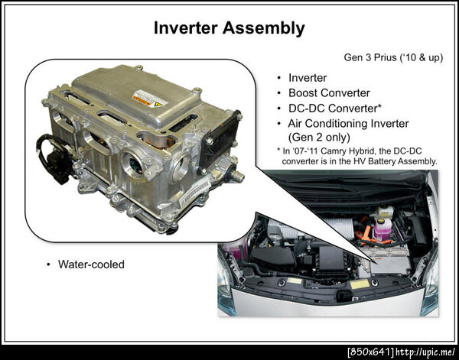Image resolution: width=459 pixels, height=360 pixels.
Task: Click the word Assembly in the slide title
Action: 263,28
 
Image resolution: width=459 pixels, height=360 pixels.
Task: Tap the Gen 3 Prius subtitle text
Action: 393,57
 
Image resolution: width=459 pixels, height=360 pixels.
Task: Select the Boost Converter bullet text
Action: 329,93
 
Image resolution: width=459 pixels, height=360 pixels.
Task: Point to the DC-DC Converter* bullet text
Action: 334,109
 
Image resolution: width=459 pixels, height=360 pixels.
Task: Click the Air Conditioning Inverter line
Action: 348,123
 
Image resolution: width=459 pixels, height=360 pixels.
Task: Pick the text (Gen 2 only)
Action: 319,137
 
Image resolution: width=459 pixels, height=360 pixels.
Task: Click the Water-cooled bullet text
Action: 91,264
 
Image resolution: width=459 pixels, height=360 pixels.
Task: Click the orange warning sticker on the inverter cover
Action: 150,99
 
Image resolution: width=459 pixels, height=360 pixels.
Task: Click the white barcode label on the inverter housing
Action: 194,193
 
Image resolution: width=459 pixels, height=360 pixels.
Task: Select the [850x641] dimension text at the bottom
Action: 370,352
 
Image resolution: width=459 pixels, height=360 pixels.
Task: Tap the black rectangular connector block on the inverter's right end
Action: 221,137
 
